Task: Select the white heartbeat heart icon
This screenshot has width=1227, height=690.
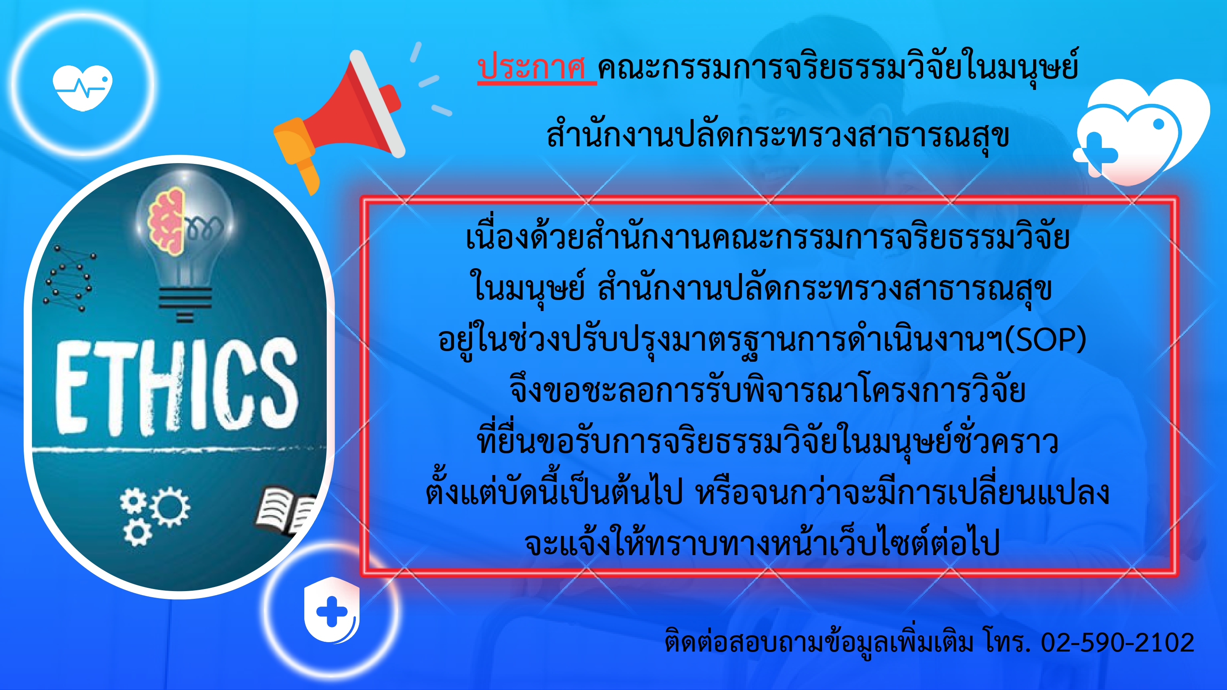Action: click(x=82, y=87)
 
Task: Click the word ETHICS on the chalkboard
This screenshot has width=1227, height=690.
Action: click(x=177, y=386)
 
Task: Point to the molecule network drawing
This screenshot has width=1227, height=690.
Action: click(x=70, y=278)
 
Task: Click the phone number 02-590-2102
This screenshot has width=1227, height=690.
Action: click(x=1117, y=643)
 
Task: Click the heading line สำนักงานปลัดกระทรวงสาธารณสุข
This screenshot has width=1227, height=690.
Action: click(x=778, y=135)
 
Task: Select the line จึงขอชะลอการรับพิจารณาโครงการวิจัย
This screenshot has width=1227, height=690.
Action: click(x=767, y=390)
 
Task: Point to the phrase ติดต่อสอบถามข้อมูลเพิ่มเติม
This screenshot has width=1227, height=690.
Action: click(x=819, y=641)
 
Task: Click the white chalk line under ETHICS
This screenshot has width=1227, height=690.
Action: click(x=176, y=448)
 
